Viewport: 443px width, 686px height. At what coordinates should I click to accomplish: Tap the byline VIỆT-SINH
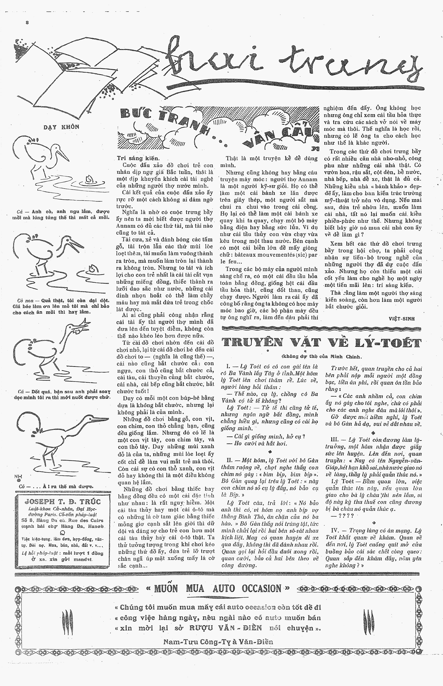pyautogui.click(x=402, y=319)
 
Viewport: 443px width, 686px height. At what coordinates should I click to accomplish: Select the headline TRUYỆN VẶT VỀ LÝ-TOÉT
pyautogui.click(x=322, y=343)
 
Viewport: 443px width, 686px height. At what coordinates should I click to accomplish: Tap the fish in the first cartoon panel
pyautogui.click(x=89, y=179)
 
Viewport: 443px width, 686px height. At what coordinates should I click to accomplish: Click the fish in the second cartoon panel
pyautogui.click(x=92, y=269)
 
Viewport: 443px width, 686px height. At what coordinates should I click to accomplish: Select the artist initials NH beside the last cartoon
pyautogui.click(x=18, y=476)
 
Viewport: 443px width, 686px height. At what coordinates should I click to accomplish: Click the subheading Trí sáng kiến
pyautogui.click(x=137, y=158)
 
